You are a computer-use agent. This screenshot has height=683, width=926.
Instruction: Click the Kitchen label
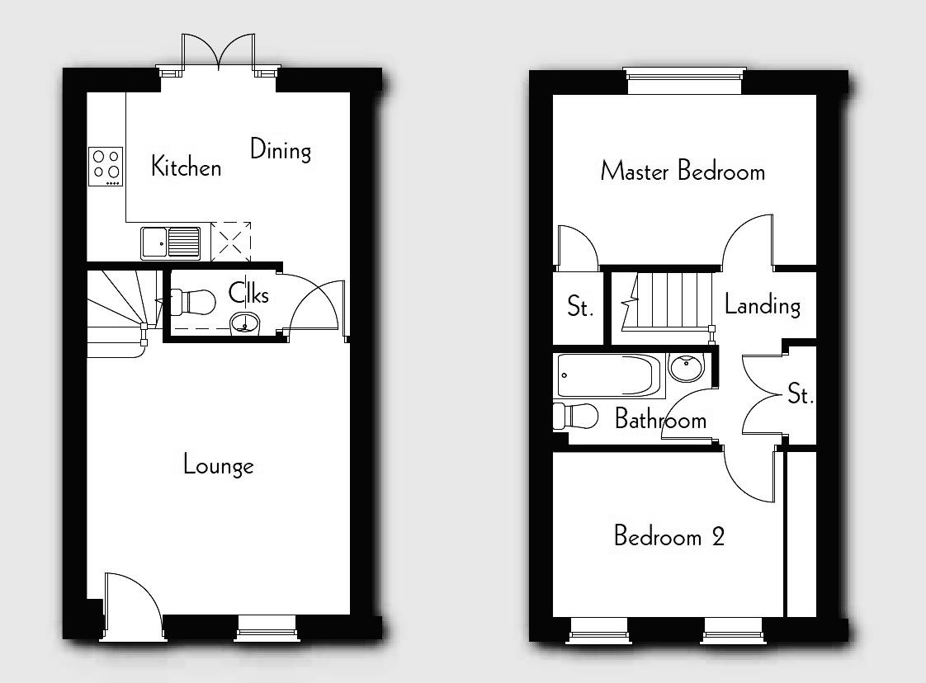pyautogui.click(x=187, y=167)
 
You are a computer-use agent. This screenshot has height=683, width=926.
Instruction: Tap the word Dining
pyautogui.click(x=281, y=150)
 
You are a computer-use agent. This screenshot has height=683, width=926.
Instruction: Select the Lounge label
pyautogui.click(x=218, y=465)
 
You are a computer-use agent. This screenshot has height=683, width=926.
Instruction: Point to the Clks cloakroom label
pyautogui.click(x=248, y=293)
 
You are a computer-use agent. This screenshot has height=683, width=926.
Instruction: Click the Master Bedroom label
pyautogui.click(x=683, y=172)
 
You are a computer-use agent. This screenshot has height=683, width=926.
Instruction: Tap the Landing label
pyautogui.click(x=762, y=305)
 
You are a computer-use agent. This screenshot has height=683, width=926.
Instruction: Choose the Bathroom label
pyautogui.click(x=660, y=420)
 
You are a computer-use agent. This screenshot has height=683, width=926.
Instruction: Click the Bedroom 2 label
pyautogui.click(x=669, y=536)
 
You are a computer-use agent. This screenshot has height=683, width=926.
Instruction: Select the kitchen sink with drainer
pyautogui.click(x=170, y=243)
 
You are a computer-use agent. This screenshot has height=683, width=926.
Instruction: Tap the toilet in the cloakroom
pyautogui.click(x=191, y=302)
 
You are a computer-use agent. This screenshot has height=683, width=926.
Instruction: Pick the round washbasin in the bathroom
pyautogui.click(x=686, y=365)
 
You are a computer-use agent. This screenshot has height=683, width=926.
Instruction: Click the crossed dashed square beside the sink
pyautogui.click(x=232, y=241)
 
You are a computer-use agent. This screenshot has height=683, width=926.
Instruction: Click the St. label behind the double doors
pyautogui.click(x=799, y=394)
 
